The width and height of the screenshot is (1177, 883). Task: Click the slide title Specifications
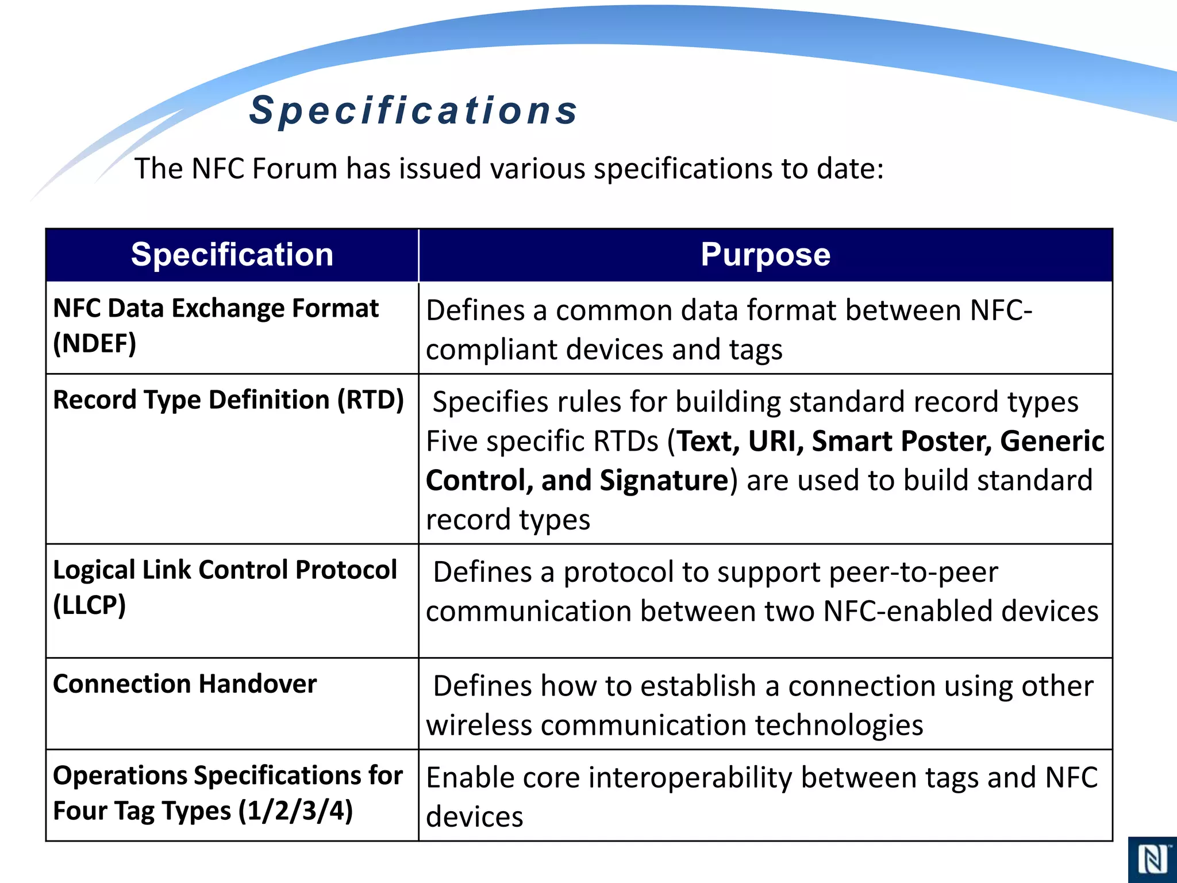(413, 110)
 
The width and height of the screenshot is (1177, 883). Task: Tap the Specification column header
(232, 255)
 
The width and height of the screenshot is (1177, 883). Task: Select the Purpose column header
(765, 255)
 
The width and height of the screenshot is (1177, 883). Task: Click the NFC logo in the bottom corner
(1152, 860)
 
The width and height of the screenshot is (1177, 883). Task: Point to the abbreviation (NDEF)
(95, 344)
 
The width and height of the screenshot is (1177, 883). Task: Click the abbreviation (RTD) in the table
(371, 400)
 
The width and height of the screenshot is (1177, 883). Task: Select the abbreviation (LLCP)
(90, 605)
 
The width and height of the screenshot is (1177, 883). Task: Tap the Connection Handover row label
(184, 684)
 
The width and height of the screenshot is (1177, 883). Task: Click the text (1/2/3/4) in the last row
(295, 811)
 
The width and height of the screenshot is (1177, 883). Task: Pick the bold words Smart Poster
(901, 441)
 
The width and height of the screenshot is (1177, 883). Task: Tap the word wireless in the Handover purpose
(479, 725)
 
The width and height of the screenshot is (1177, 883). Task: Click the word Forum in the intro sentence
(294, 169)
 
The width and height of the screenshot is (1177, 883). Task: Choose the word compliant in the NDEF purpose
(491, 350)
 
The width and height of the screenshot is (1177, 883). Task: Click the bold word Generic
(1052, 441)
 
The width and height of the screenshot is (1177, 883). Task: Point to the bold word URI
(775, 441)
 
